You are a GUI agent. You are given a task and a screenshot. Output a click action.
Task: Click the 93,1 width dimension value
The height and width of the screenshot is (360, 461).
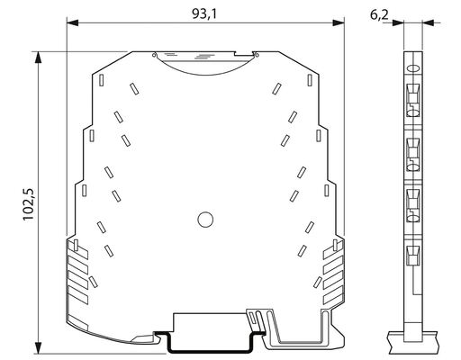204,13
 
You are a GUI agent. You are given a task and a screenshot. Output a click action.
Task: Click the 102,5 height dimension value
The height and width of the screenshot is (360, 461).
29,204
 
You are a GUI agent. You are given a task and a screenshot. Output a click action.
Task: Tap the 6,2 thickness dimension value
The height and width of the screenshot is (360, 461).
379,14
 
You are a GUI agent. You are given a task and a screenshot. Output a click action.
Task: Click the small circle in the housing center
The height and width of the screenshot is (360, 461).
205,220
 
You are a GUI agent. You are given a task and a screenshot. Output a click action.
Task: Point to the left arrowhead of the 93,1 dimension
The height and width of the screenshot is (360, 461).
73,22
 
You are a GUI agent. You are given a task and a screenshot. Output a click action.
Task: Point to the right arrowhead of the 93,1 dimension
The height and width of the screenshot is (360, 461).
339,22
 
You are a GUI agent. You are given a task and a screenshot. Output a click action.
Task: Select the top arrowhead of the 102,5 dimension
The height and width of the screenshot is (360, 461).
38,58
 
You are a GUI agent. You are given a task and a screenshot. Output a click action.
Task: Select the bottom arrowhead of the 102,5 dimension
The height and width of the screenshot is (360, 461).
38,348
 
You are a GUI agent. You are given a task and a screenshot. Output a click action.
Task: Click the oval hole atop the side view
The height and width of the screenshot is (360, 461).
413,68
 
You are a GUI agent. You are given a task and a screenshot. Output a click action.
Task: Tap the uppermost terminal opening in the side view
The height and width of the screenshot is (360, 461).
413,100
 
